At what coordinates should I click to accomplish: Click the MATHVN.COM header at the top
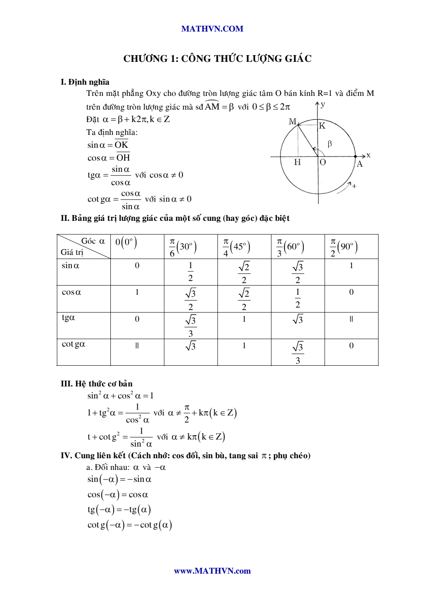coord(212,29)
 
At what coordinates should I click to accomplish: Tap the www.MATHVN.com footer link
coord(212,571)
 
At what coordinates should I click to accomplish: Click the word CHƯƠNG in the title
coord(145,59)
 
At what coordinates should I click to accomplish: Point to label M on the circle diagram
coord(292,122)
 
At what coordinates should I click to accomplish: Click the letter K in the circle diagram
coord(322,126)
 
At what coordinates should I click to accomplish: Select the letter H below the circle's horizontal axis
coord(297,162)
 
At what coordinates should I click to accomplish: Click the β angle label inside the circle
coord(330,144)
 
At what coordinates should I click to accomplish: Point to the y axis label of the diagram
coord(323,104)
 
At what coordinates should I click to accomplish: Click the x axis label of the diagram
coord(369,155)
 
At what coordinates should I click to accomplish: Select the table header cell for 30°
coord(191,247)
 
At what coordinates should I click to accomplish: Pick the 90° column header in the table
coord(351,247)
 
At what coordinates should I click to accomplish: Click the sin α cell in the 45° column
coord(244,272)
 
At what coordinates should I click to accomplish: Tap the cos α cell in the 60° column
coord(298,298)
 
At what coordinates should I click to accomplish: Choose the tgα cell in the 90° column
coord(351,319)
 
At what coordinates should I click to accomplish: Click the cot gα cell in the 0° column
coord(137,346)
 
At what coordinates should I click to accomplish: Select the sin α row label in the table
coord(71,266)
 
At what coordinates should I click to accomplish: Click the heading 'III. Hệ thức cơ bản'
coord(97,384)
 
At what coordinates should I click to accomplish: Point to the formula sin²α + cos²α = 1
coord(120,396)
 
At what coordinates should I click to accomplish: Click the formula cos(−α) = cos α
coord(118,495)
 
